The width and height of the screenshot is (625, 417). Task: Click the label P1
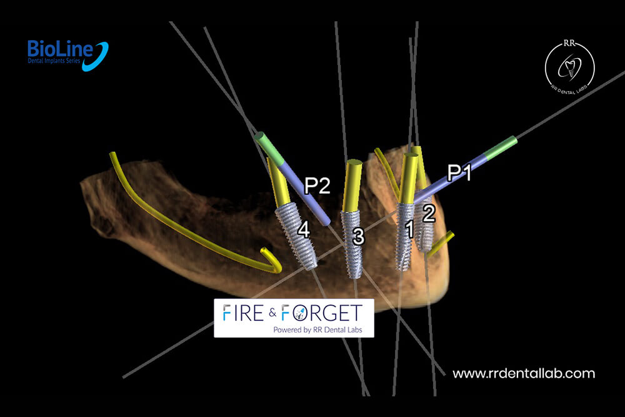point(459,172)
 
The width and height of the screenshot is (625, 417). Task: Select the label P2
point(317,186)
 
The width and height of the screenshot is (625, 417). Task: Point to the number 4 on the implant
point(304,230)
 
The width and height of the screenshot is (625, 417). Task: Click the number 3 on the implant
point(357,236)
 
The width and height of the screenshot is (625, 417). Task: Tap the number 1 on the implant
point(409,230)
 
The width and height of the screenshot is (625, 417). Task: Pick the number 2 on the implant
point(428,213)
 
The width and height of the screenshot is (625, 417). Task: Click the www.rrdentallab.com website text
point(523,373)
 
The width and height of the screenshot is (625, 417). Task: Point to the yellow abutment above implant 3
point(352,186)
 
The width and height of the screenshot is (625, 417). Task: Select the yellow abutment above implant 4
point(279,183)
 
